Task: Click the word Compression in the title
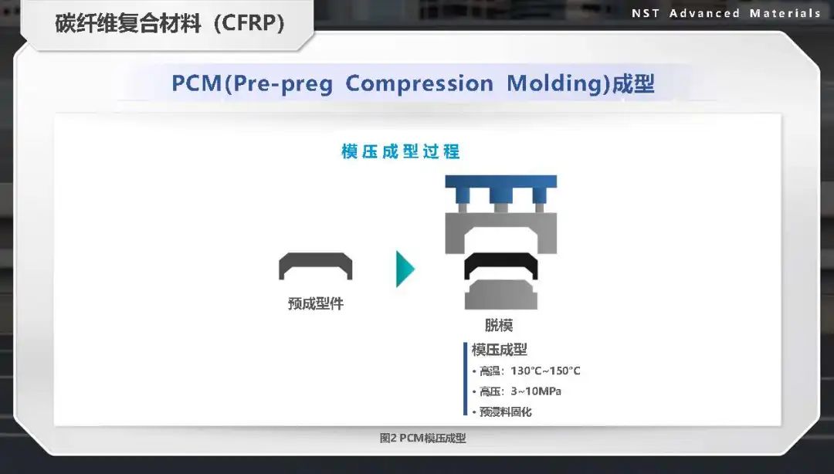[419, 83]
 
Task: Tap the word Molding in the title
[558, 83]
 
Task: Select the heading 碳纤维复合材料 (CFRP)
[170, 23]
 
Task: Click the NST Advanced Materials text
[726, 13]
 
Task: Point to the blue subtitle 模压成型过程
[401, 151]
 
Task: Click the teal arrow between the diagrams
[405, 269]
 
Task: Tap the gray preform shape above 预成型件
[315, 266]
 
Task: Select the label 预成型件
[315, 303]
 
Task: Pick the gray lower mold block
[501, 295]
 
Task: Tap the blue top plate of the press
[501, 181]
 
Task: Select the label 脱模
[498, 325]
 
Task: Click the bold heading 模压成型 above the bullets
[499, 350]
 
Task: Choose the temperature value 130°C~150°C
[546, 371]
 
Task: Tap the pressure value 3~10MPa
[536, 391]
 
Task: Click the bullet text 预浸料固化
[505, 411]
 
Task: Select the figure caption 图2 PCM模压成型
[423, 438]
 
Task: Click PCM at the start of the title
[196, 83]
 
